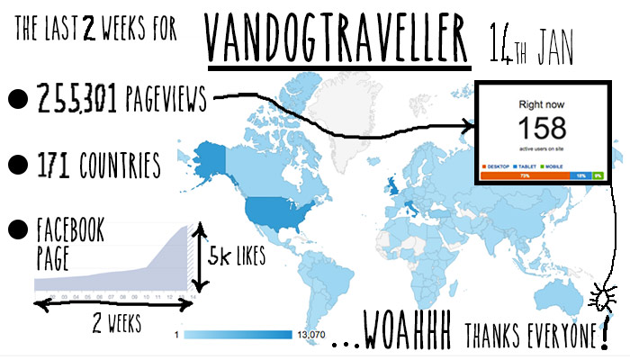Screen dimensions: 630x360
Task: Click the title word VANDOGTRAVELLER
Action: click(x=340, y=38)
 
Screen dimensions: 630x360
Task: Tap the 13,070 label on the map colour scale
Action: click(x=310, y=335)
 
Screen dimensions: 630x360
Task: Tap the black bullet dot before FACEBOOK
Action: click(x=14, y=230)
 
